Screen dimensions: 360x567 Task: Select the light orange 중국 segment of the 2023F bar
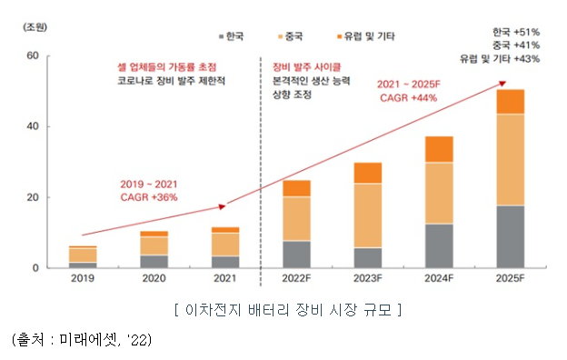point(368,215)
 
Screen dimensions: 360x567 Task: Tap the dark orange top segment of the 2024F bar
point(439,149)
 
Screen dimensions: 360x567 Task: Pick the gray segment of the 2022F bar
point(296,254)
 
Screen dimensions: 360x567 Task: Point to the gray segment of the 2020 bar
point(154,261)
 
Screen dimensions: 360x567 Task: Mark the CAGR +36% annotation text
point(149,195)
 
